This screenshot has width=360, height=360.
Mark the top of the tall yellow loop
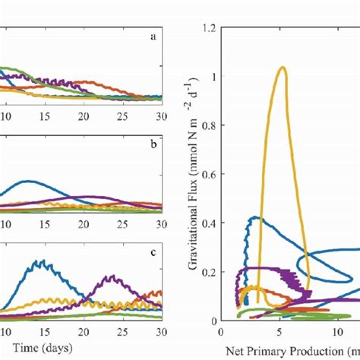[283, 67]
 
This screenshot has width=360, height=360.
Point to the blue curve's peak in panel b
[28, 181]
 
